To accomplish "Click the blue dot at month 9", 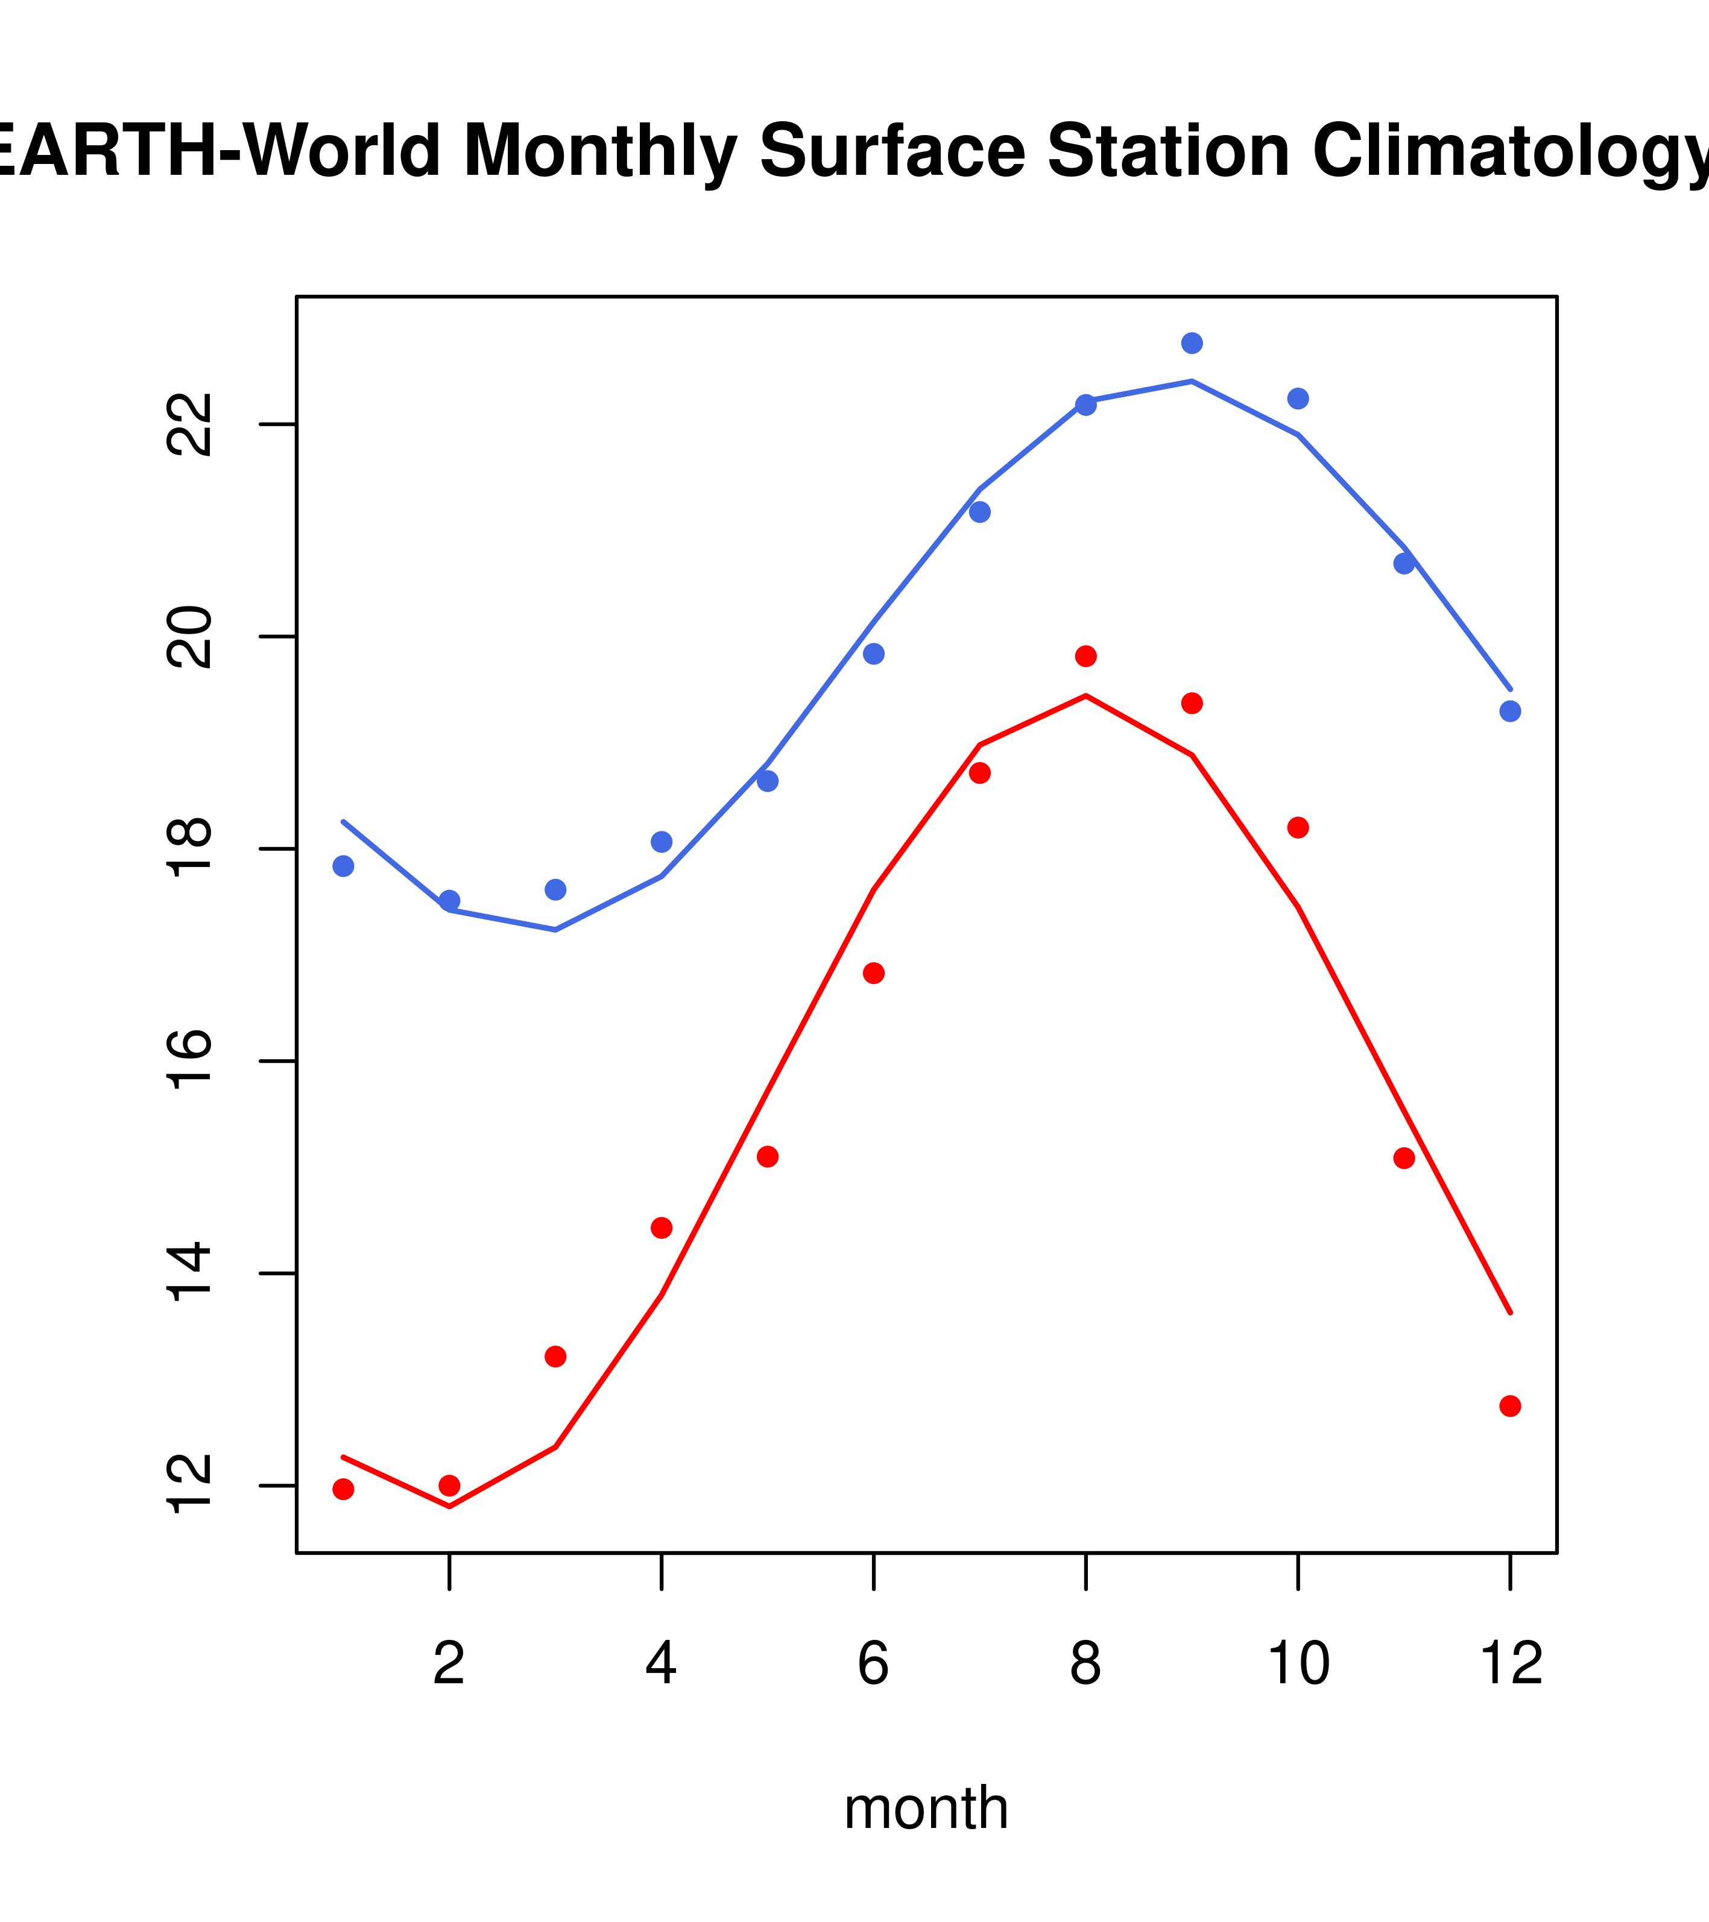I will [x=1192, y=343].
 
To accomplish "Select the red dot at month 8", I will [x=1085, y=657].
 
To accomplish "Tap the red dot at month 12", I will [x=1509, y=1406].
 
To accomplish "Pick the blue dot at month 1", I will [x=343, y=866].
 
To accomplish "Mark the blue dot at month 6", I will [x=874, y=654].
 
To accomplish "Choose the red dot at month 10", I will [x=1298, y=828].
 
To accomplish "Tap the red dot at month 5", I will [x=768, y=1156].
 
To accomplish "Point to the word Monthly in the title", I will [x=599, y=153].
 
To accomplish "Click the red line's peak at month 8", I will [x=1085, y=696].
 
